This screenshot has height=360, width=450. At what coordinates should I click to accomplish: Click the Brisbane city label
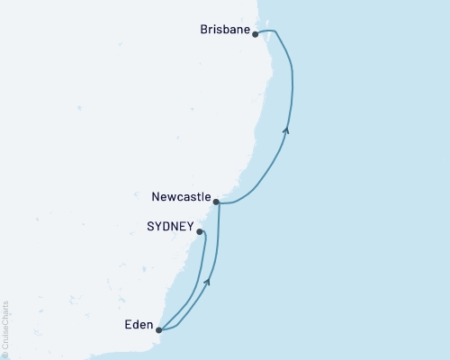coord(225,30)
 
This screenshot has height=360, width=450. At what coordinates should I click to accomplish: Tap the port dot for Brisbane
coord(256,34)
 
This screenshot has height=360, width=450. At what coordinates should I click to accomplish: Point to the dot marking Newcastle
coord(216,202)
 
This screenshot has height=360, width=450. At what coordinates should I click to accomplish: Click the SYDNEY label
coord(170,229)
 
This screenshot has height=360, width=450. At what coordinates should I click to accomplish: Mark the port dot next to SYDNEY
coord(199,231)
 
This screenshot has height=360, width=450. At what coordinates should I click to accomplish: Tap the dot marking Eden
coord(158,329)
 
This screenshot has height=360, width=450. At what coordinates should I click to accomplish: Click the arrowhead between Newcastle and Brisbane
coord(286,130)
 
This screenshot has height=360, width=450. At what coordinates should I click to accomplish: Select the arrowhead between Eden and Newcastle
coord(209,282)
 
